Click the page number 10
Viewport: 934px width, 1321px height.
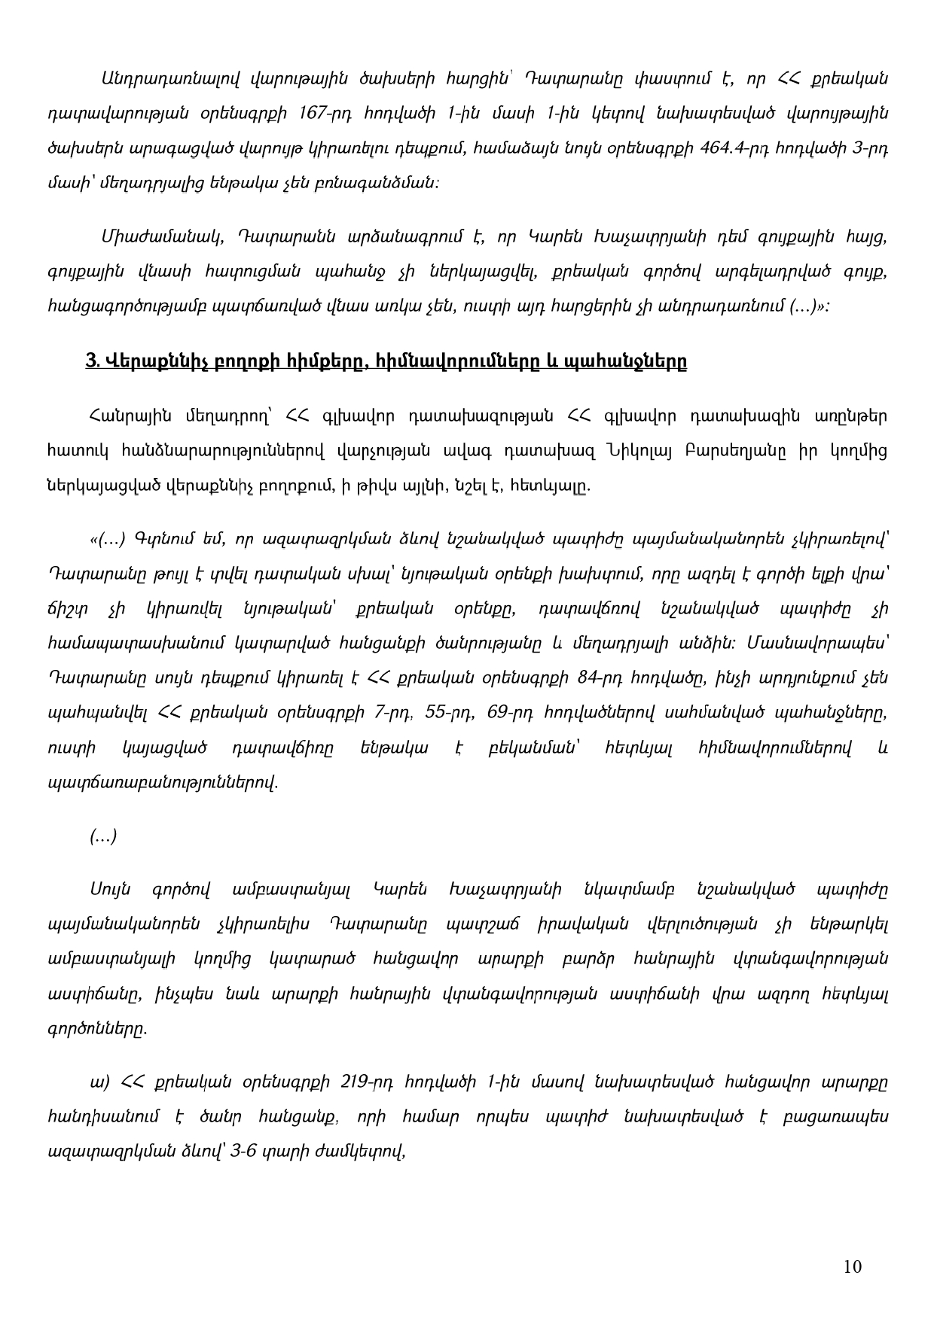click(853, 1266)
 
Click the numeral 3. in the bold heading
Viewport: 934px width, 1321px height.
click(95, 362)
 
